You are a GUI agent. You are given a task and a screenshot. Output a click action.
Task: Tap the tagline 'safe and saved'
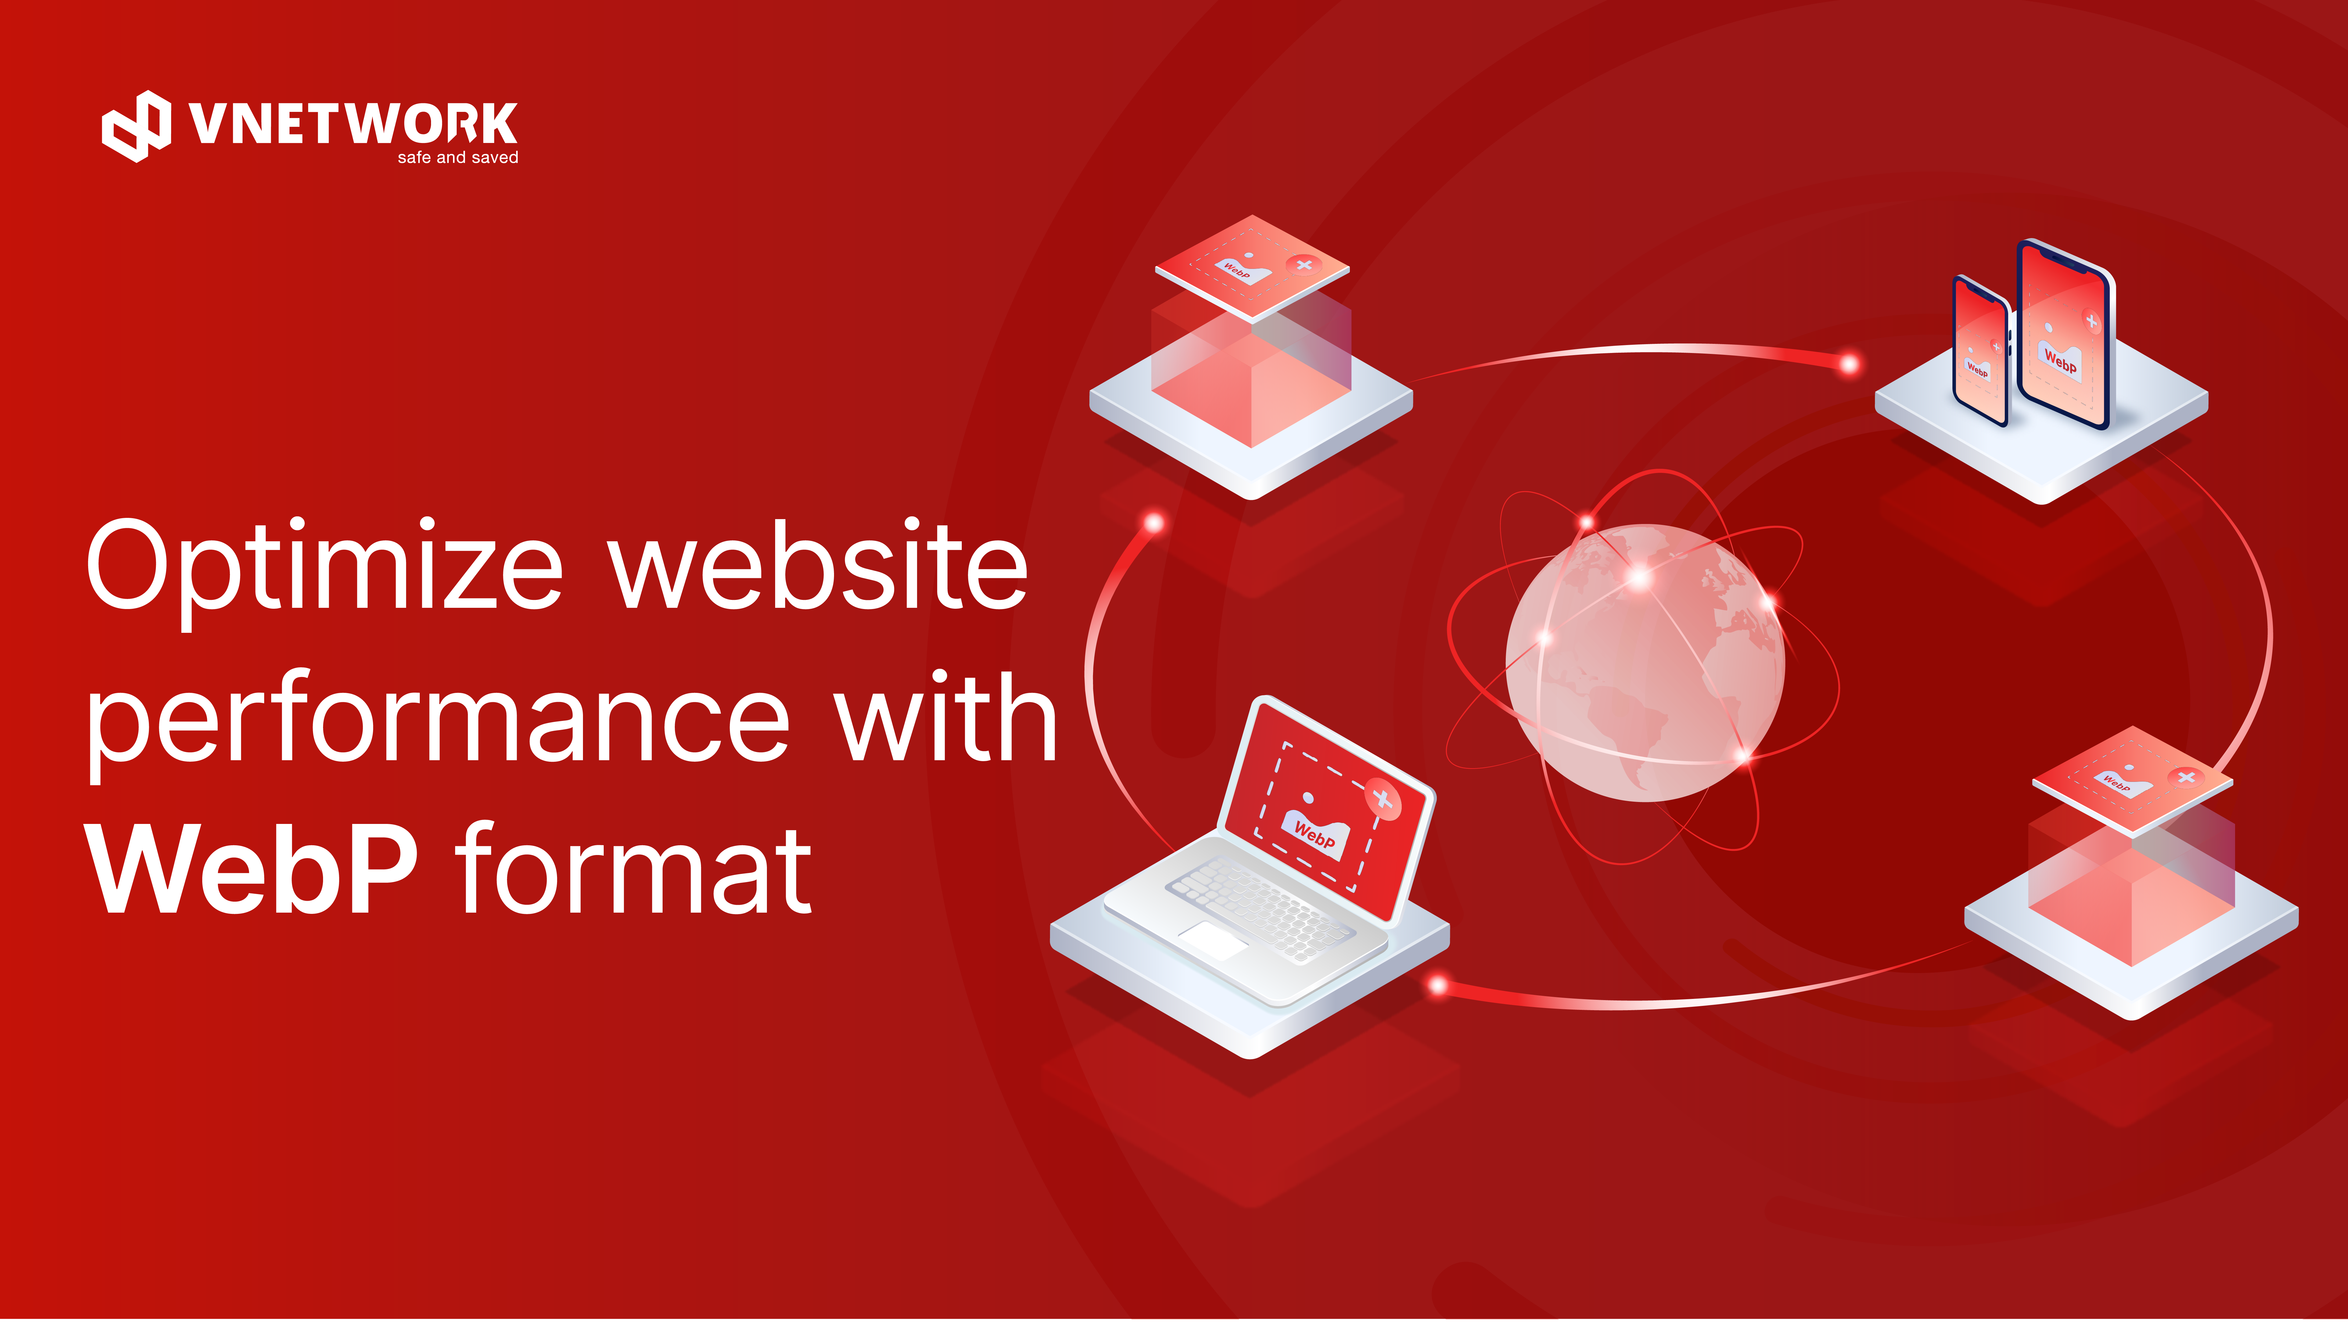(458, 158)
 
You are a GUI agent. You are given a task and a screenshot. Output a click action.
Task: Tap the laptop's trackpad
(1213, 939)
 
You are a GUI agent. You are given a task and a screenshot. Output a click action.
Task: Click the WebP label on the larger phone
(2060, 362)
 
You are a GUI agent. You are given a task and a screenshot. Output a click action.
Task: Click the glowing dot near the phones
(1850, 365)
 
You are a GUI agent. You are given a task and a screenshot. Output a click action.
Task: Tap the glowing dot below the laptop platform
(1438, 985)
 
